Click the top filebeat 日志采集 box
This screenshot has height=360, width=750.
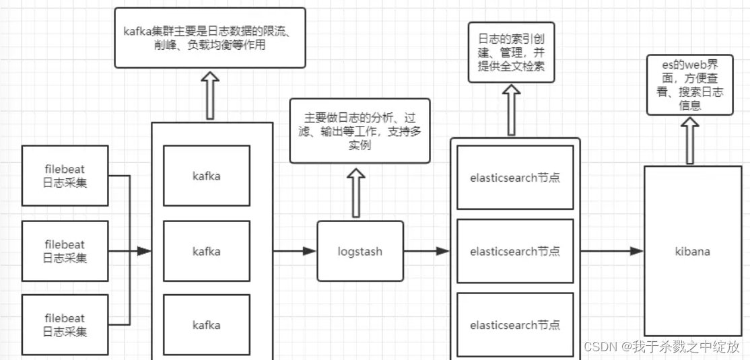[65, 176]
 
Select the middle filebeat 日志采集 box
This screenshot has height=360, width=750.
[65, 251]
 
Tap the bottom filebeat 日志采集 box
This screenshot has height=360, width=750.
[65, 324]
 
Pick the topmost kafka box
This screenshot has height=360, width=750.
[207, 176]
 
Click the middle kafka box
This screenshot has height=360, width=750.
[207, 251]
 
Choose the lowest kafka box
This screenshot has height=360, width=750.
[207, 325]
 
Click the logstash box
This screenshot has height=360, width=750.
[360, 251]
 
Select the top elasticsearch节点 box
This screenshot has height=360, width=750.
[515, 178]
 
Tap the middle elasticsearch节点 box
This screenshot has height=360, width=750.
[515, 251]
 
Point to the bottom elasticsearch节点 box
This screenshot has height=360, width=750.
[515, 324]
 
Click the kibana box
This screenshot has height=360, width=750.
[692, 251]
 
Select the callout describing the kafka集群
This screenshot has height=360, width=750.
[209, 38]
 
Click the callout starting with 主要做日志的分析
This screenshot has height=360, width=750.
[360, 131]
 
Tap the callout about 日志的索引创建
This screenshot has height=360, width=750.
[511, 52]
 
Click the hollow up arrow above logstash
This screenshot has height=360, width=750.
[355, 192]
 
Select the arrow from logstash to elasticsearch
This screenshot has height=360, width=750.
[426, 251]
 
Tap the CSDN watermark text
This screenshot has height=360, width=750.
[662, 346]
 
